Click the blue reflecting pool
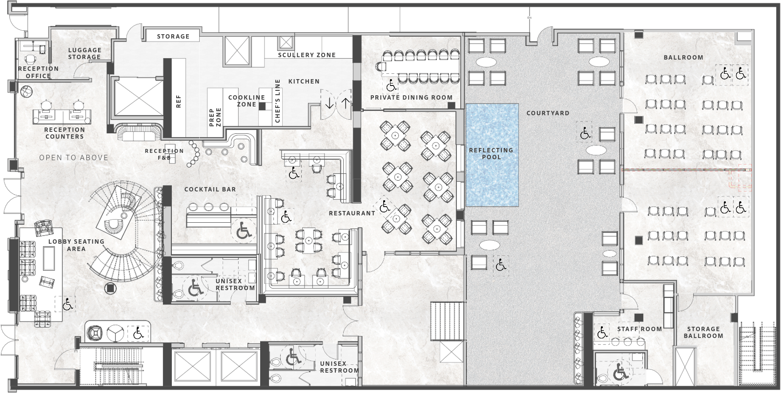(x=492, y=155)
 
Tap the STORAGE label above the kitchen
(x=173, y=36)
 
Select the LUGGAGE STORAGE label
(x=84, y=53)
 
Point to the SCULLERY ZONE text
(x=307, y=55)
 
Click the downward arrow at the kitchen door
(x=329, y=103)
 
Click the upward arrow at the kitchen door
(x=345, y=103)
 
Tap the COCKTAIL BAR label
(x=210, y=189)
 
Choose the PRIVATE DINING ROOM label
(x=411, y=98)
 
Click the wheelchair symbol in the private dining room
(x=391, y=85)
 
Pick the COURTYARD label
(x=548, y=113)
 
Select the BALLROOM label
(x=683, y=57)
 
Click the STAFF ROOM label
(x=639, y=329)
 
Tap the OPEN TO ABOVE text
(x=74, y=158)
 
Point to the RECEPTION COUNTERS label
(x=64, y=133)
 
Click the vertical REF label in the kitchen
(x=178, y=101)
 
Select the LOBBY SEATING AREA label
(x=76, y=245)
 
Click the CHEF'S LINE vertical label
(x=278, y=101)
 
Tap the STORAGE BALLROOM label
(x=703, y=332)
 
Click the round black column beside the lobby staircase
(x=110, y=288)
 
